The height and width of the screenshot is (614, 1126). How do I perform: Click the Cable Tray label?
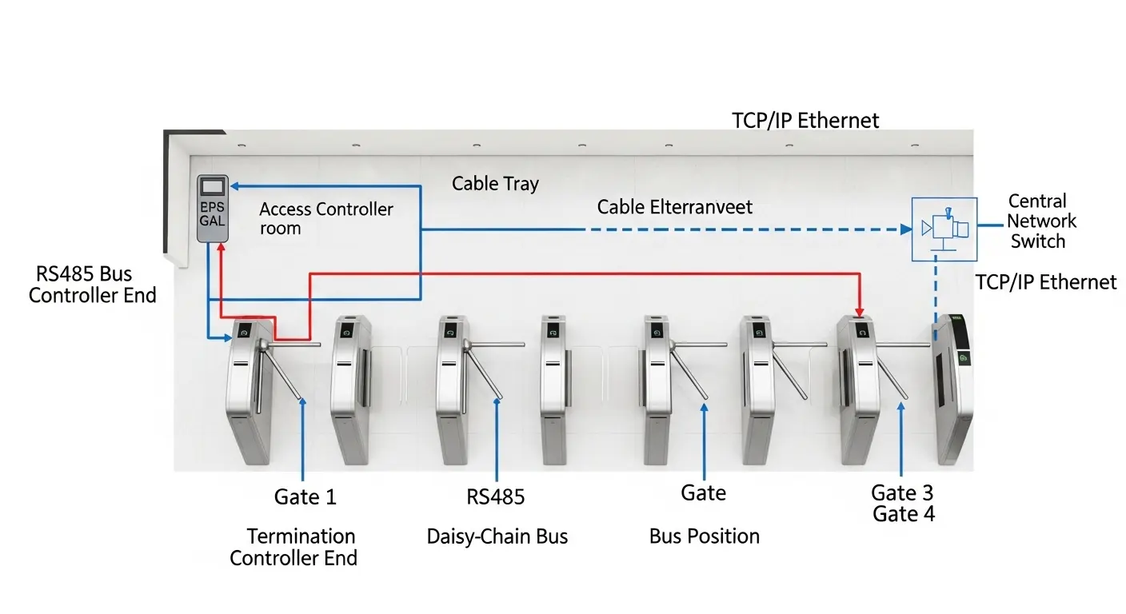(495, 183)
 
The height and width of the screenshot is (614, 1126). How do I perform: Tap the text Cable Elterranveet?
(675, 207)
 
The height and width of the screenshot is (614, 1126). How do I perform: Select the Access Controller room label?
(325, 218)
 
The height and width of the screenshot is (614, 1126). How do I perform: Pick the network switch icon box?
(944, 229)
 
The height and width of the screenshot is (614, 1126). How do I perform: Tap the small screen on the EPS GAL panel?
(213, 186)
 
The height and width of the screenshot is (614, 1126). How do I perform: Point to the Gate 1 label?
(305, 496)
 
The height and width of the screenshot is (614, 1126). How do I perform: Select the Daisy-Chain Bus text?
(497, 536)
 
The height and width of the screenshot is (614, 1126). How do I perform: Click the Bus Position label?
(704, 536)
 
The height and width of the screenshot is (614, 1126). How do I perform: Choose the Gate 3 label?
(902, 492)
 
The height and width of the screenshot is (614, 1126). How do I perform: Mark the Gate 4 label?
(904, 513)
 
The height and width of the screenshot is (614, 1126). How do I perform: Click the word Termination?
(301, 536)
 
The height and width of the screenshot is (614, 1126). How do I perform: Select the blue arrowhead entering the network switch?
(906, 229)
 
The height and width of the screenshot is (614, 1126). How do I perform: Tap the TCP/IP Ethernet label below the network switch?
(1046, 281)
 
